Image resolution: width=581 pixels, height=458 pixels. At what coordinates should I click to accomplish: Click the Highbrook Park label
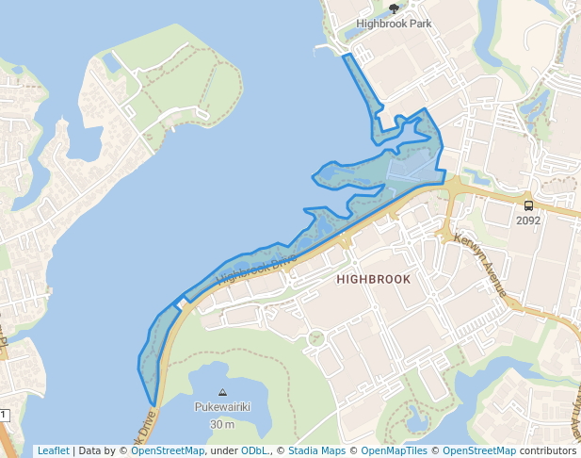[x=394, y=24]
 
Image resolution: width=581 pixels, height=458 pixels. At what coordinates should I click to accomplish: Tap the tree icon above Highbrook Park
[x=394, y=8]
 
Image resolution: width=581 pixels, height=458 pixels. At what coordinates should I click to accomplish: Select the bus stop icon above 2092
[x=528, y=205]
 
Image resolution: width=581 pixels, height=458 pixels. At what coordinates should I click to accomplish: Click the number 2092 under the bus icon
[x=528, y=221]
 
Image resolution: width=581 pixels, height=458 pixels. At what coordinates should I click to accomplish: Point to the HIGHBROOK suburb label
[x=374, y=280]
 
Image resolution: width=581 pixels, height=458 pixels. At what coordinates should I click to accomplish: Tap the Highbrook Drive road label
[x=256, y=269]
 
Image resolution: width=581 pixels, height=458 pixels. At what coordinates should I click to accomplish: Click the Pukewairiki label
[x=222, y=407]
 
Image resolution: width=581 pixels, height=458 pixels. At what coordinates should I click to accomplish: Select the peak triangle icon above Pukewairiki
[x=222, y=392]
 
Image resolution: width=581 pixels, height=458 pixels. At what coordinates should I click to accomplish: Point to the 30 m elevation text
[x=222, y=423]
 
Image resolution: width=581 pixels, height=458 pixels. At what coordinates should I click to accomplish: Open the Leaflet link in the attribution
[x=53, y=450]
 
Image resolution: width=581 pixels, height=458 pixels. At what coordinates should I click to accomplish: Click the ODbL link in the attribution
[x=255, y=450]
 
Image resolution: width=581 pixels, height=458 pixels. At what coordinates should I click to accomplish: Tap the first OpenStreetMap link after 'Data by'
[x=168, y=450]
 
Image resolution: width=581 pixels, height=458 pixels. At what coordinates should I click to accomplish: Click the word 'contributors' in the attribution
[x=547, y=450]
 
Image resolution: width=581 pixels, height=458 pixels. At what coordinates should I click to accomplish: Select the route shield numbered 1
[x=4, y=415]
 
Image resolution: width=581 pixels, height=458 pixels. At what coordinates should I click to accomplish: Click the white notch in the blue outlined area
[x=179, y=305]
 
